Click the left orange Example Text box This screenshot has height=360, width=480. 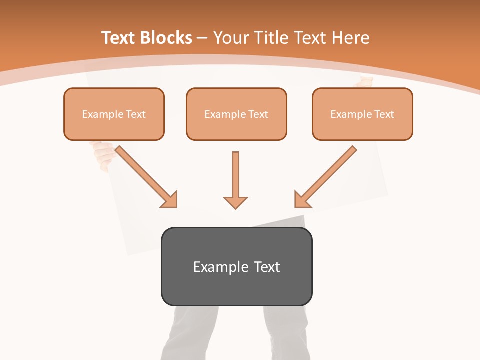[114, 114]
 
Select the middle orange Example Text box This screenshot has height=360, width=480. [236, 114]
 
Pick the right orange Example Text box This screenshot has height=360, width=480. [362, 114]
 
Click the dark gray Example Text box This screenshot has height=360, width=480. [236, 266]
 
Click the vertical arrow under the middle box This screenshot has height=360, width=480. [235, 175]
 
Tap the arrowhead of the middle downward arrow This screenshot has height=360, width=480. [235, 202]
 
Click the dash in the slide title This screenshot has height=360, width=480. [202, 38]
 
